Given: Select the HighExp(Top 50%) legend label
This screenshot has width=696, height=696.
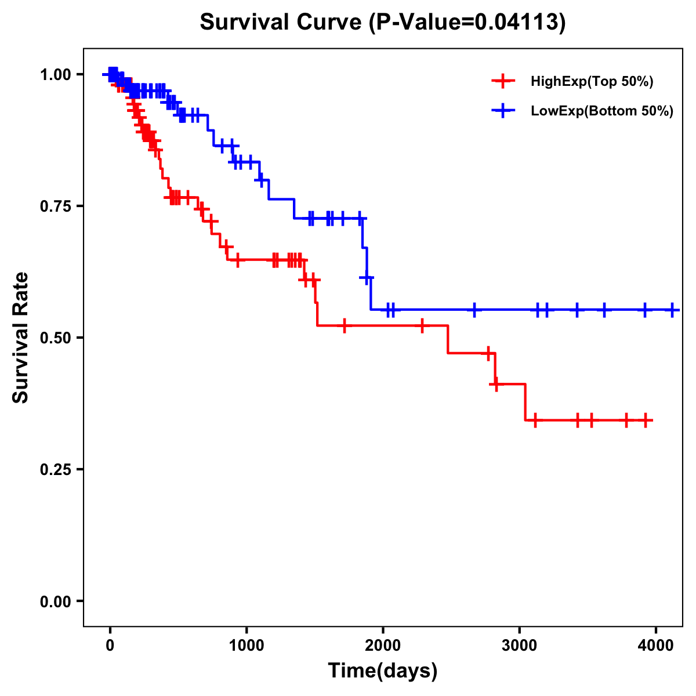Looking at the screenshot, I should click(x=592, y=82).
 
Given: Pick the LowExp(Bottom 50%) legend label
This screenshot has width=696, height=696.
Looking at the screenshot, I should click(x=602, y=111).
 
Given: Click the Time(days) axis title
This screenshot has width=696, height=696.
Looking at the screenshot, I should click(x=383, y=671).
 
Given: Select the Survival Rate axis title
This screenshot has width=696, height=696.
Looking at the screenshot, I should click(x=21, y=338).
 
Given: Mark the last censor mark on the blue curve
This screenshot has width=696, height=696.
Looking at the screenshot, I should click(x=672, y=310).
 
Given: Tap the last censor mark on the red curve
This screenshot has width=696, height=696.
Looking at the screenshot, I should click(x=646, y=420).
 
